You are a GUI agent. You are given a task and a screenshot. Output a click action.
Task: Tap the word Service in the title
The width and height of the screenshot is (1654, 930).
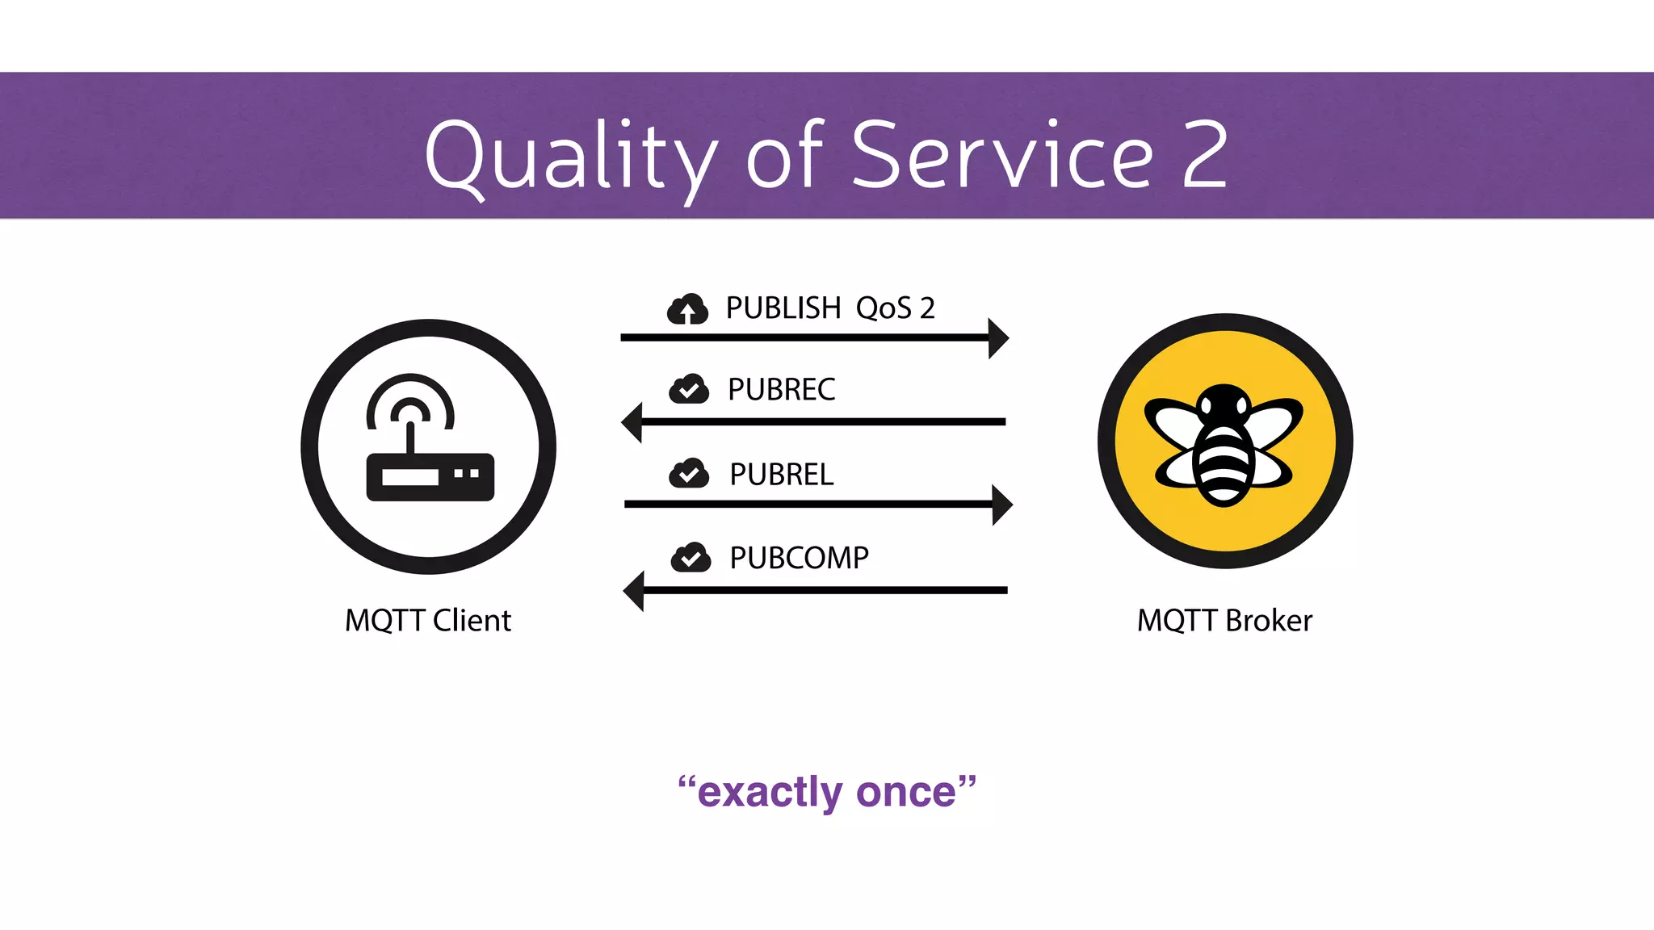click(1001, 155)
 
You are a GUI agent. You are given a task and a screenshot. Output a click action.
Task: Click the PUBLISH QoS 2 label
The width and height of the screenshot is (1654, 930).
click(829, 308)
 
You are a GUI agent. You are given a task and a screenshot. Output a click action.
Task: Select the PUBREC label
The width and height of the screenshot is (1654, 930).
click(781, 390)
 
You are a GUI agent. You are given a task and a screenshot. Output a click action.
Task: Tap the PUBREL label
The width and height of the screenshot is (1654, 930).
click(781, 475)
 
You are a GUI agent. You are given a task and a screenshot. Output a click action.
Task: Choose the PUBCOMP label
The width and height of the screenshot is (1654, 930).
click(799, 558)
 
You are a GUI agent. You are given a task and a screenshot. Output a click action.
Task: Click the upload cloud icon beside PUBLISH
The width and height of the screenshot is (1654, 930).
click(687, 309)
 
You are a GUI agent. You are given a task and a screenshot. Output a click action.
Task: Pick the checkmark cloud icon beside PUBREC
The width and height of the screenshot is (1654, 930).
click(689, 389)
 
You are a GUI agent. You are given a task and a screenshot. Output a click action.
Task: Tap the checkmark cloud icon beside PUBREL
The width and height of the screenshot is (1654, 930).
click(689, 473)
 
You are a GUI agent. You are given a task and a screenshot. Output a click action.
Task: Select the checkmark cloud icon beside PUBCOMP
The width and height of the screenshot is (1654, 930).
click(691, 557)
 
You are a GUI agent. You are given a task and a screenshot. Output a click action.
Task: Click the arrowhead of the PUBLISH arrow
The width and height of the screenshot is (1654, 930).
click(999, 338)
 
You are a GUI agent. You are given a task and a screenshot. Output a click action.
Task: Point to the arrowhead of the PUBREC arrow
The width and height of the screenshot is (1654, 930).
click(632, 422)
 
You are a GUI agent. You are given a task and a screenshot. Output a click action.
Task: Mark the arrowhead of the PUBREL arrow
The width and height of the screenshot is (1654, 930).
click(1002, 505)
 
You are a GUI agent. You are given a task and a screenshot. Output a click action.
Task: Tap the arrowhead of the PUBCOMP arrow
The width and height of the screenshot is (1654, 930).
click(635, 591)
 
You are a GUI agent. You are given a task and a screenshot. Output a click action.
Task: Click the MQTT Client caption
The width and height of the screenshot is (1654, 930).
click(428, 621)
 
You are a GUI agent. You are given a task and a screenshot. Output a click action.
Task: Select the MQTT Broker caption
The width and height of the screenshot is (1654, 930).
click(1224, 621)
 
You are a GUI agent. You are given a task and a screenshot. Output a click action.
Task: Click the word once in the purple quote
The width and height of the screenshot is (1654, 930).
click(905, 792)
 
